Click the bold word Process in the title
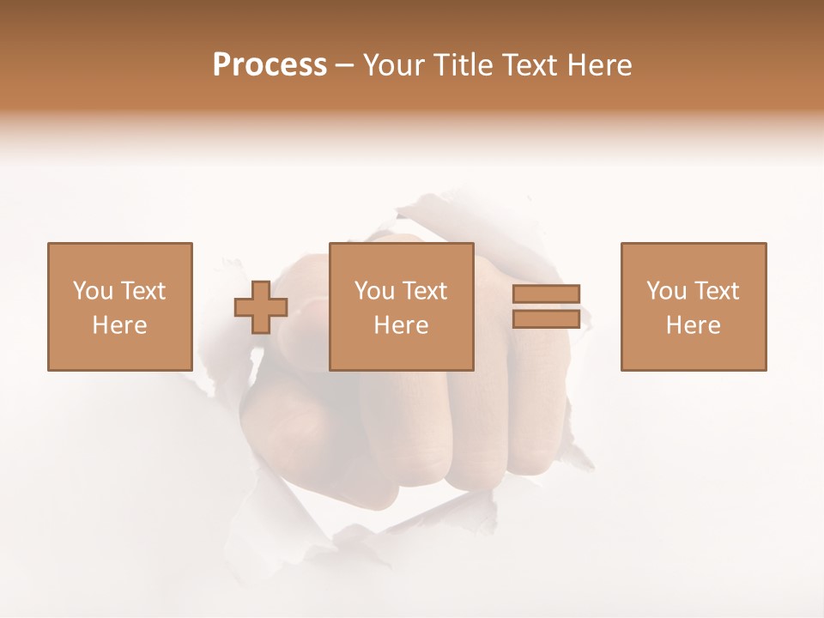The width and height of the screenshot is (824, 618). pos(270,65)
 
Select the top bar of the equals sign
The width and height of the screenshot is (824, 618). pos(546,294)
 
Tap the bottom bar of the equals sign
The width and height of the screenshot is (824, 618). pos(546,319)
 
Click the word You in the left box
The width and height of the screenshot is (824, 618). pos(92,291)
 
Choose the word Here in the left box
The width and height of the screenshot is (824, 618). pos(119,325)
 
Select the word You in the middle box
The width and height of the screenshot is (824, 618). pos(374,291)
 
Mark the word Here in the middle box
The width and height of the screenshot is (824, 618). pos(402,325)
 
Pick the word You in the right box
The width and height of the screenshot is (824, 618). pos(666,291)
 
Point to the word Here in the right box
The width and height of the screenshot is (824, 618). pos(694,325)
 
